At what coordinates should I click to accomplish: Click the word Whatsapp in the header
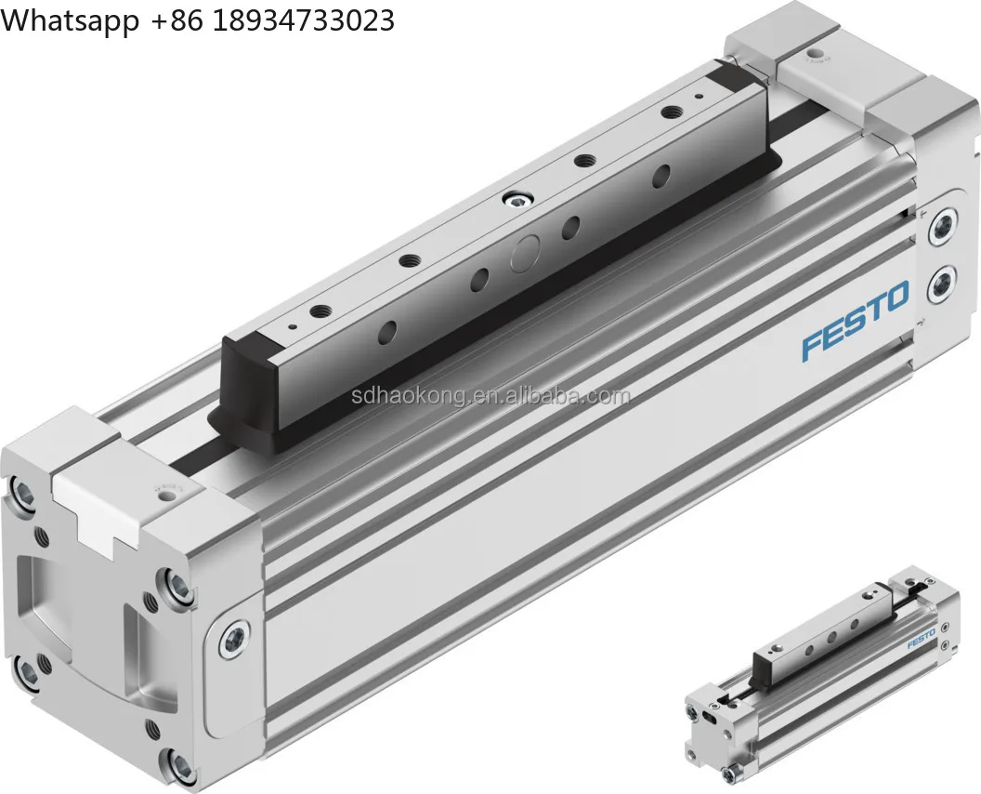pos(70,20)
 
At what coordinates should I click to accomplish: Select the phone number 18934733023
pos(304,20)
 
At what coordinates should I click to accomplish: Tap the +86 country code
pos(177,20)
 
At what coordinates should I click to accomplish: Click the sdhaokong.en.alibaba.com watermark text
pos(490,397)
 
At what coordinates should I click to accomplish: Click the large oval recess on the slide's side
pos(526,250)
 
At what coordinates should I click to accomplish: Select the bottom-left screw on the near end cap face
pos(27,668)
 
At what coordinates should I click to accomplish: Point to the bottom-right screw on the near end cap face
pos(179,765)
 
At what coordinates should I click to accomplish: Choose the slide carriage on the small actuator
pos(817,632)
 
